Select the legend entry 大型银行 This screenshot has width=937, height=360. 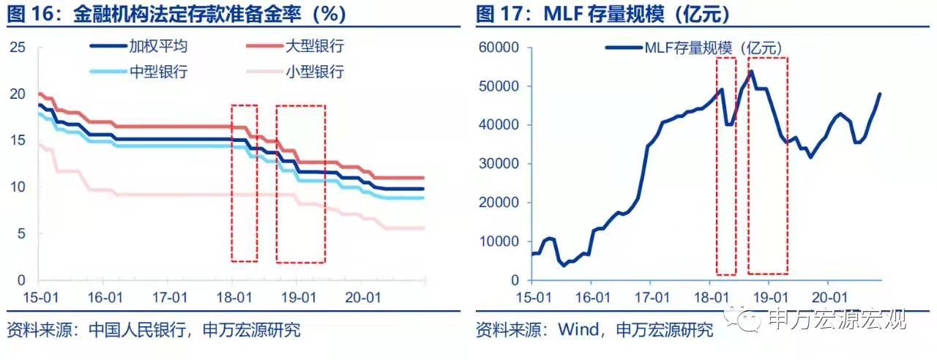pyautogui.click(x=314, y=46)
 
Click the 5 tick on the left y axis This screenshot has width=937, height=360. pyautogui.click(x=21, y=233)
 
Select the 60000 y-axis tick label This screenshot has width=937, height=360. pyautogui.click(x=499, y=48)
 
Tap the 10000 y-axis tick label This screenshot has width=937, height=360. pyautogui.click(x=499, y=241)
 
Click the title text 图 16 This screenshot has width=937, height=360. pyautogui.click(x=29, y=14)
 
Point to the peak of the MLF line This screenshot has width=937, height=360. pyautogui.click(x=751, y=71)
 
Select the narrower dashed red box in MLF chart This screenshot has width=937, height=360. pyautogui.click(x=725, y=165)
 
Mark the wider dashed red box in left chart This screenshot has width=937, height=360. pyautogui.click(x=300, y=184)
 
